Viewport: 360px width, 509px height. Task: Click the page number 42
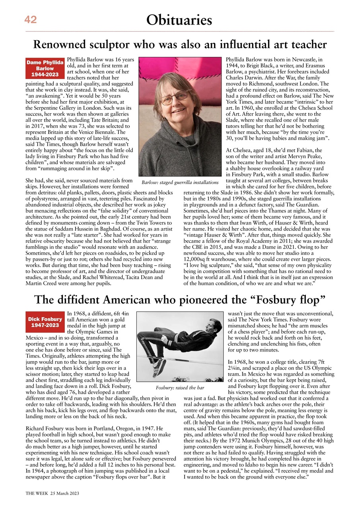(x=31, y=19)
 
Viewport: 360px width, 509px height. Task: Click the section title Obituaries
(x=179, y=19)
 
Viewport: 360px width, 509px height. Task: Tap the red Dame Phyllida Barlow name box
(x=45, y=68)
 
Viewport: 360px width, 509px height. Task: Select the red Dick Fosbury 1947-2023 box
(x=45, y=322)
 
